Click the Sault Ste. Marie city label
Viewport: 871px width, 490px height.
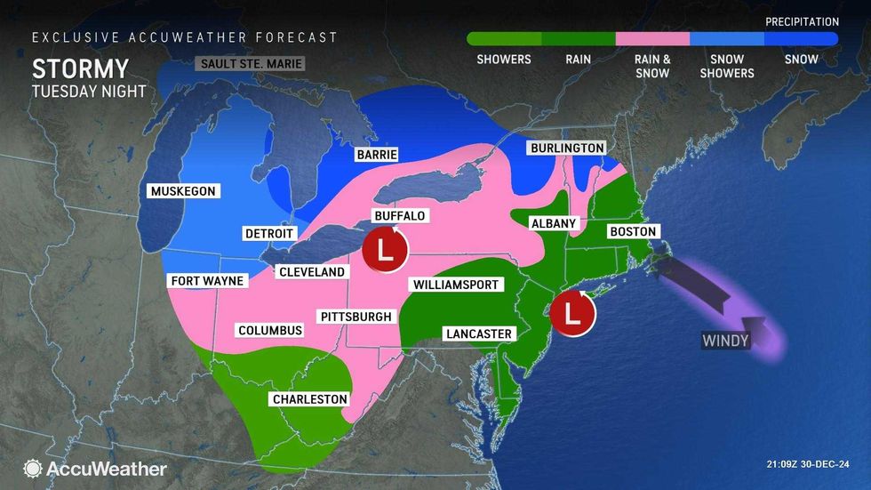click(250, 64)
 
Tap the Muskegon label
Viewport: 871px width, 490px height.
click(183, 191)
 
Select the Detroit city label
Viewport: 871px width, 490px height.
click(268, 233)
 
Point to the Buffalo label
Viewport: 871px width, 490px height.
click(399, 215)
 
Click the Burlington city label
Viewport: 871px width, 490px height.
click(566, 148)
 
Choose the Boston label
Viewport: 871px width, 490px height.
click(632, 232)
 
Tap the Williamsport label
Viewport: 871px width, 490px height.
click(456, 285)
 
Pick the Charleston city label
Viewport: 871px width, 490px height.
click(310, 399)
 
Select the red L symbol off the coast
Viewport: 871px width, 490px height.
click(572, 314)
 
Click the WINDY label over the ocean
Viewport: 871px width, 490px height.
click(726, 341)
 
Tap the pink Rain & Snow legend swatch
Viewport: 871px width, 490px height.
click(652, 39)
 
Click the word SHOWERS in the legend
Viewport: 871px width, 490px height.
click(504, 60)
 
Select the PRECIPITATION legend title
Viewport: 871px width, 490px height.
click(802, 21)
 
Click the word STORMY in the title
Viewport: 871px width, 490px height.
click(80, 69)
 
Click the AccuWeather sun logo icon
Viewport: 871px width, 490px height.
click(33, 468)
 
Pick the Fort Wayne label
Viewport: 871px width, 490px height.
click(207, 281)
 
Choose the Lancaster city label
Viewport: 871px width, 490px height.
click(479, 333)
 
